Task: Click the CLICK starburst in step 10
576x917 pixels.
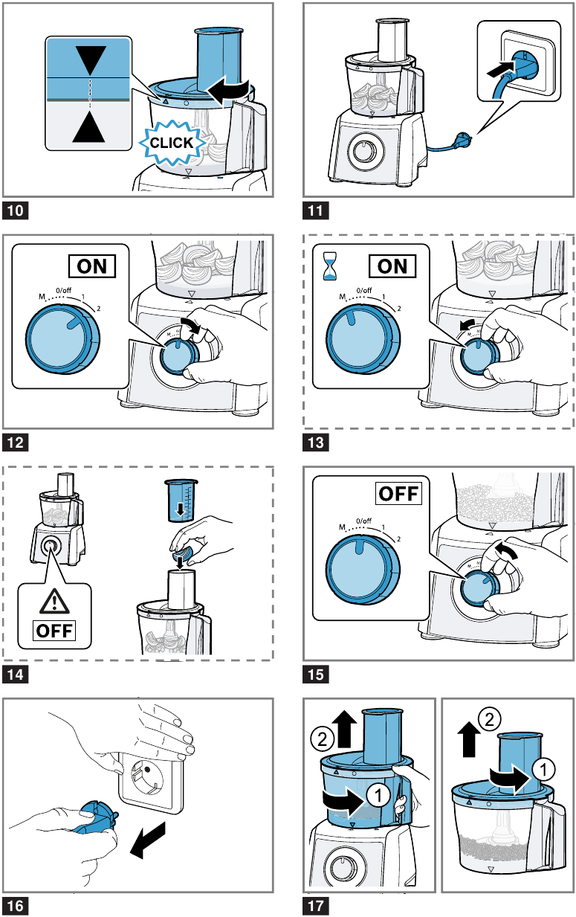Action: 172,143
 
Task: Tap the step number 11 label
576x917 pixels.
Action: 315,210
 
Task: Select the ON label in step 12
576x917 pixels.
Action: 92,266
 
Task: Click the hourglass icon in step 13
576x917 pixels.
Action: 330,266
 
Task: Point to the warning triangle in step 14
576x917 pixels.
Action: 54,601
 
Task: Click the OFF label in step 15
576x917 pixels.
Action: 398,494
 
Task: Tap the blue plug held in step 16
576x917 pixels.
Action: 95,818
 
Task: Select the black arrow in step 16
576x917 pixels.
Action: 148,839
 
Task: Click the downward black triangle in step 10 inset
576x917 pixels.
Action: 91,59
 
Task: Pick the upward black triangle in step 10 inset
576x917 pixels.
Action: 88,127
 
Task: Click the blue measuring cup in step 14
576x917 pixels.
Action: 181,501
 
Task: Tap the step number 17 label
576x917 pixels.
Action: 315,906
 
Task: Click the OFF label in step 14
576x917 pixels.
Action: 54,631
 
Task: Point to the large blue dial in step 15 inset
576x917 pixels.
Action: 363,570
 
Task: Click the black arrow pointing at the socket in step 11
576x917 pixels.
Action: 501,68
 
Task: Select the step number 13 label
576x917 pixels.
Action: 315,443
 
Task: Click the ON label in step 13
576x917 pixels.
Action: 392,266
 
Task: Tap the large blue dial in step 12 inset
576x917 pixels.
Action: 62,340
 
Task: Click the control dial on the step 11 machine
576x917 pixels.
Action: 366,151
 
